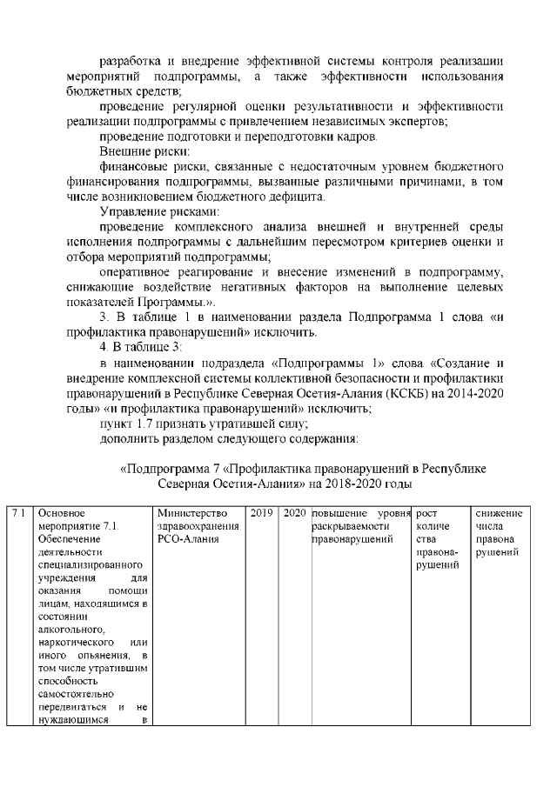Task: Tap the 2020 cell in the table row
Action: [x=293, y=513]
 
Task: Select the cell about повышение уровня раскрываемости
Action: [x=361, y=526]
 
